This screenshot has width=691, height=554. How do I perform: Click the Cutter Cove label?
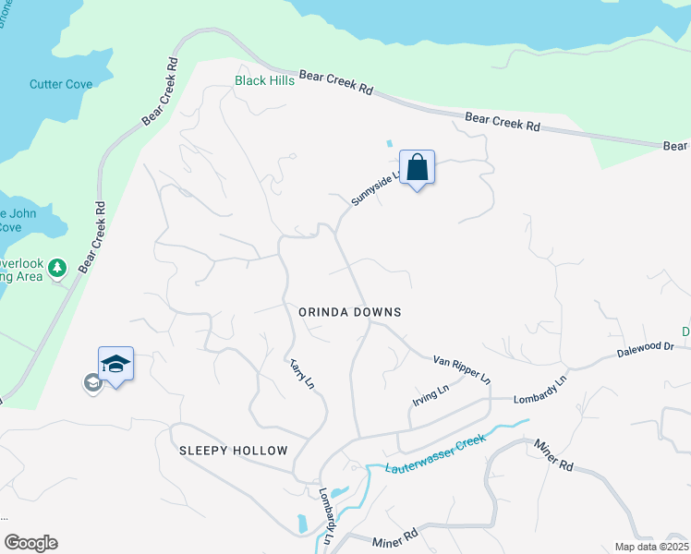(61, 84)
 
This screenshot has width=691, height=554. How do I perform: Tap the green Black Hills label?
(264, 81)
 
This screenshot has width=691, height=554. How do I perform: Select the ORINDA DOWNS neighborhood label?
(350, 312)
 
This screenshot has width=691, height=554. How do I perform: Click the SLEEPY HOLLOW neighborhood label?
(234, 451)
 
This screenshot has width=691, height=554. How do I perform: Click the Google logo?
(30, 543)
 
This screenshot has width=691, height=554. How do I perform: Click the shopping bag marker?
(418, 167)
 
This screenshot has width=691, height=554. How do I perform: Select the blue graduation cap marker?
(115, 364)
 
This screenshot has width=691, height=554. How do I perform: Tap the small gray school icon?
(91, 382)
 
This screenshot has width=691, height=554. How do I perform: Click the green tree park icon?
(58, 268)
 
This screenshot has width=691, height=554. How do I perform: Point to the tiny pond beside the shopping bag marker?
(388, 144)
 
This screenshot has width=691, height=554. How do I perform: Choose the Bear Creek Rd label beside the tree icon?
(89, 237)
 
